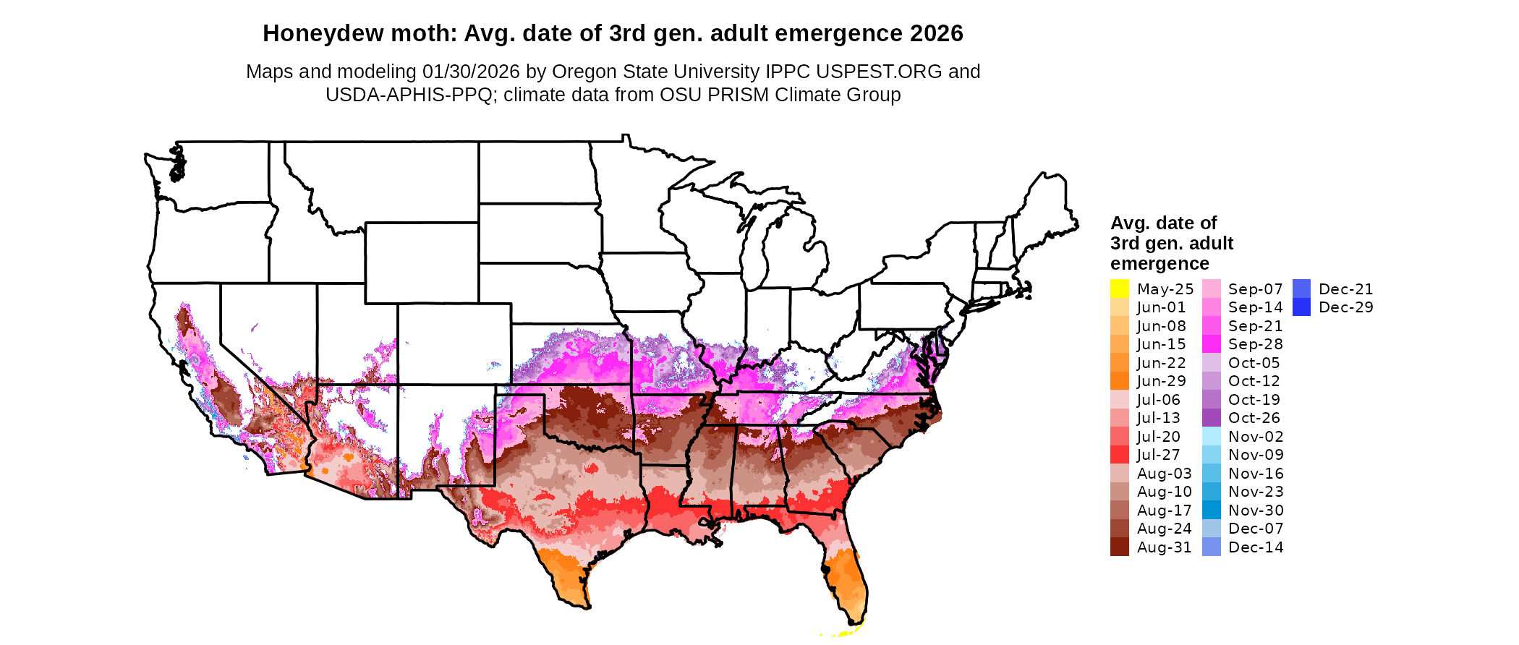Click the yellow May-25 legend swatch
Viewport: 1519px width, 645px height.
tap(1119, 289)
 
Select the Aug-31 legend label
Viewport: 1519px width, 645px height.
tap(1164, 547)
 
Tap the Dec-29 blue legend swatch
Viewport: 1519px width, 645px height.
tap(1301, 307)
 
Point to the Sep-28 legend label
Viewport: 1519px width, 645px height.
tap(1255, 344)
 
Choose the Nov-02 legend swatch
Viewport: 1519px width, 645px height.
tap(1211, 437)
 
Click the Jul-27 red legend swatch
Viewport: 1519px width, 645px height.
tap(1119, 455)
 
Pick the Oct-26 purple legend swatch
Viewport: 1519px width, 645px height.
tap(1211, 418)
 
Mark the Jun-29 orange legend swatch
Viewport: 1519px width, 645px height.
tap(1119, 381)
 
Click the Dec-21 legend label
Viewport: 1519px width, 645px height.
tap(1345, 289)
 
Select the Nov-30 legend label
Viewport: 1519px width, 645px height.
tap(1256, 511)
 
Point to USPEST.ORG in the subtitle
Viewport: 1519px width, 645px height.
tap(879, 72)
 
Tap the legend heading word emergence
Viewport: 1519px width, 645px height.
tap(1160, 263)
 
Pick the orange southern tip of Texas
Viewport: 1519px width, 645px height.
tap(568, 578)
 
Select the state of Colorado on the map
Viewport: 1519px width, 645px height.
tap(454, 343)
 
